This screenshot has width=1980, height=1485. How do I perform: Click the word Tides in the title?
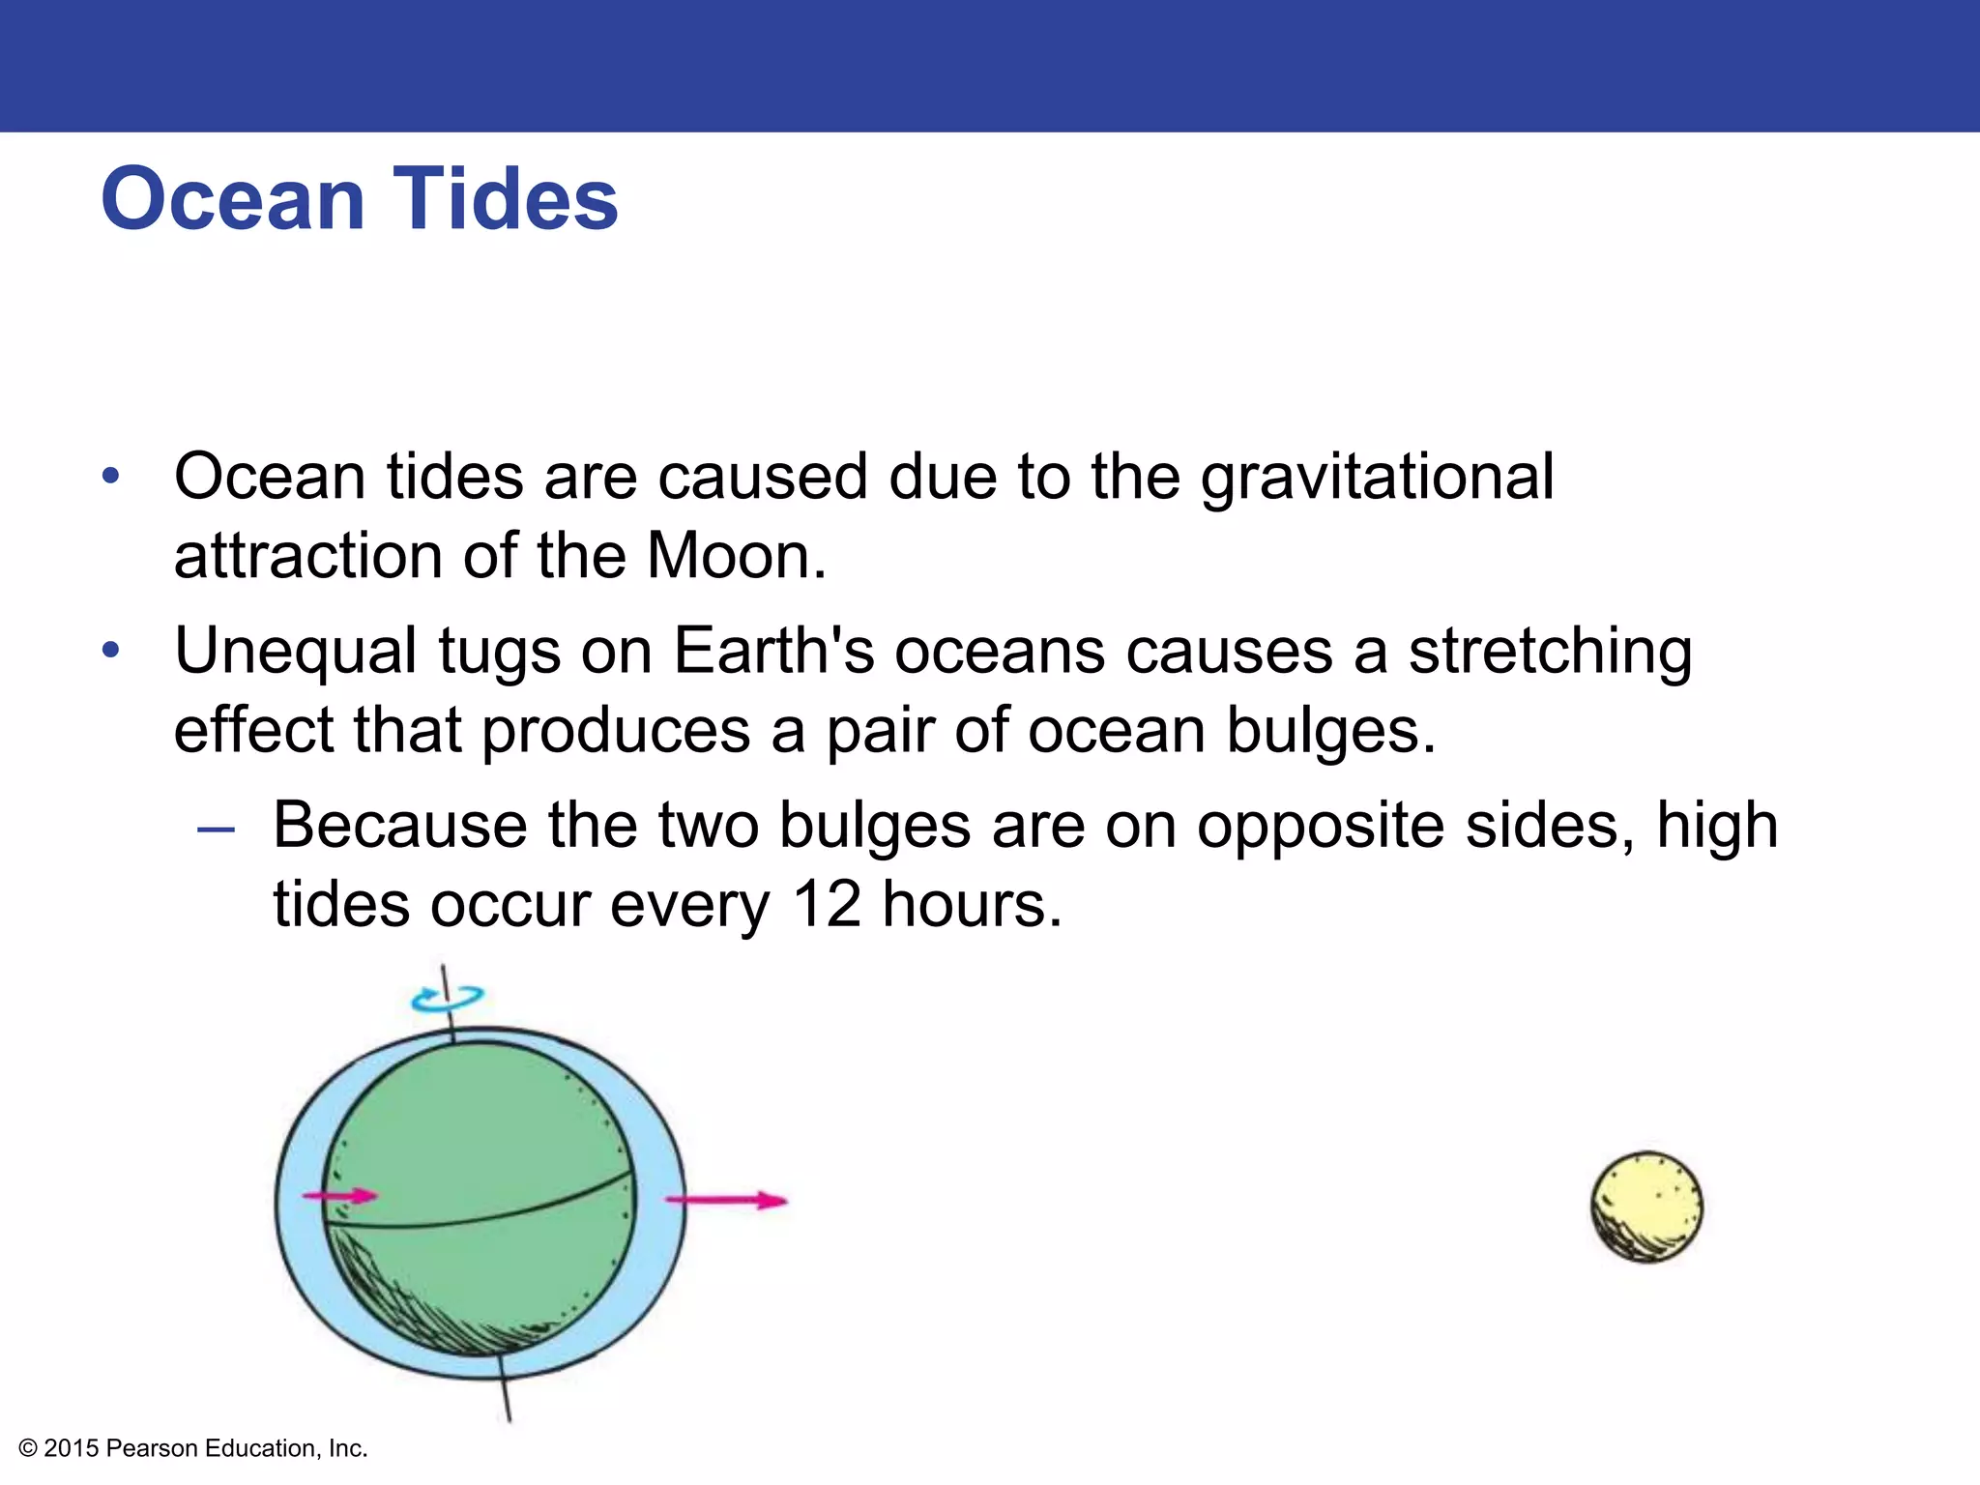click(x=505, y=199)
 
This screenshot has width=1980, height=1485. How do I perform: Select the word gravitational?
click(x=1377, y=479)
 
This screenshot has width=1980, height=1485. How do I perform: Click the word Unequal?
click(x=296, y=652)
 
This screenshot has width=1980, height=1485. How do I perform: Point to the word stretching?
click(x=1550, y=652)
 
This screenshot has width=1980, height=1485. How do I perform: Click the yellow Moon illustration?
click(x=1646, y=1207)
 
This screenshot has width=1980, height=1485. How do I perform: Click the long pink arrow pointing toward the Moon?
click(x=727, y=1201)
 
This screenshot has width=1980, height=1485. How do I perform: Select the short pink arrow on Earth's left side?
click(x=340, y=1197)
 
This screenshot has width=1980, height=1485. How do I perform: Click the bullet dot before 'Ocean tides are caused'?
click(x=111, y=477)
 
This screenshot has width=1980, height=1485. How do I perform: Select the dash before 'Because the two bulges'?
click(x=215, y=830)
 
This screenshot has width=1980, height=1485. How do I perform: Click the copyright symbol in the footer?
click(x=28, y=1448)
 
